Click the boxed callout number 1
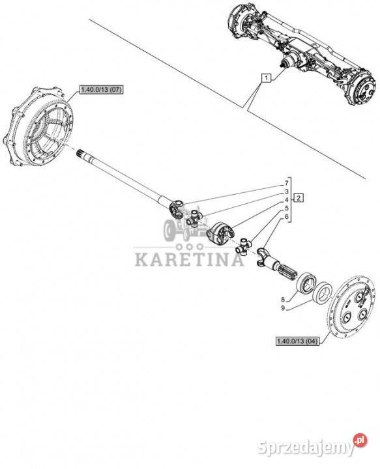click(266, 78)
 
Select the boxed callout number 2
click(299, 198)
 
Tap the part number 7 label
click(286, 183)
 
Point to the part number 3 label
click(286, 192)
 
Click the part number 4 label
click(286, 200)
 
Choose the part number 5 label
click(286, 208)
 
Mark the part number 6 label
click(286, 217)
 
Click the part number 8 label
click(282, 299)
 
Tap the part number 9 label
click(282, 308)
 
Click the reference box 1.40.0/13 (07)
click(101, 90)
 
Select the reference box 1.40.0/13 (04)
click(297, 341)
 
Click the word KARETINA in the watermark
click(189, 260)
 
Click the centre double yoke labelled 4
click(220, 233)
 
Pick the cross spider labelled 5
click(245, 246)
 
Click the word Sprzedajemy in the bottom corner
click(306, 448)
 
